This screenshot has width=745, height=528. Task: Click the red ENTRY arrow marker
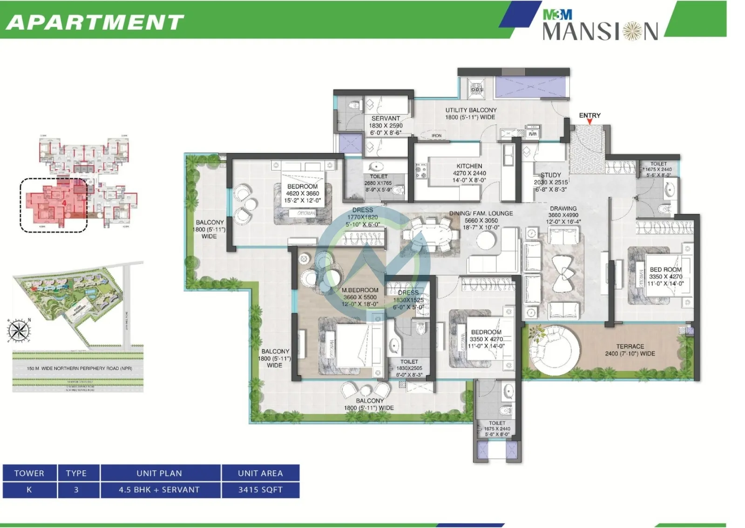pyautogui.click(x=589, y=122)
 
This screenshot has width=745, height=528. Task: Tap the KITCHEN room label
pyautogui.click(x=469, y=166)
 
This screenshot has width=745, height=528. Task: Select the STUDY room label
pyautogui.click(x=551, y=175)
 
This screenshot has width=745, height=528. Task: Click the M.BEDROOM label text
pyautogui.click(x=360, y=290)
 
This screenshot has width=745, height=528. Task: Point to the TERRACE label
pyautogui.click(x=630, y=347)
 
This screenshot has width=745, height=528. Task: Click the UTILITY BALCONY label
pyautogui.click(x=471, y=110)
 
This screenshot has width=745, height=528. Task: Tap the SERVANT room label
pyautogui.click(x=386, y=119)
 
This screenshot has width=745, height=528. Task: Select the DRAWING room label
pyautogui.click(x=563, y=209)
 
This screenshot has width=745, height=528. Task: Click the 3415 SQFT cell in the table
pyautogui.click(x=260, y=490)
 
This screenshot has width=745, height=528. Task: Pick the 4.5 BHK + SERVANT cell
pyautogui.click(x=159, y=490)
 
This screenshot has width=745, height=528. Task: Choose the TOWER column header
pyautogui.click(x=29, y=473)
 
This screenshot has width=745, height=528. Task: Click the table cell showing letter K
pyautogui.click(x=29, y=490)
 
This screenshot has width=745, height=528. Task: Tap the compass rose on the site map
pyautogui.click(x=19, y=331)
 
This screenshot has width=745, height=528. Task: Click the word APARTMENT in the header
pyautogui.click(x=95, y=22)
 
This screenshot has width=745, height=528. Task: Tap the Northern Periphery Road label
pyautogui.click(x=79, y=368)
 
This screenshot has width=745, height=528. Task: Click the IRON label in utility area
pyautogui.click(x=436, y=136)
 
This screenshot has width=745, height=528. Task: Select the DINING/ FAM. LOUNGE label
pyautogui.click(x=481, y=214)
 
